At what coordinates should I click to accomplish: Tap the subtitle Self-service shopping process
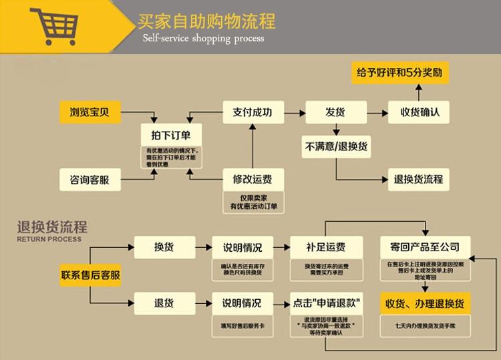(x=203, y=39)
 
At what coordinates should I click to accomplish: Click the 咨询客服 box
(x=89, y=179)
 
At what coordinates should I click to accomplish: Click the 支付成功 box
(x=252, y=112)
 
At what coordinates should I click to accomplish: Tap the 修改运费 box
(x=252, y=179)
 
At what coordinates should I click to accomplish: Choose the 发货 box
(x=335, y=112)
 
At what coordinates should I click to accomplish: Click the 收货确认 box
(x=420, y=112)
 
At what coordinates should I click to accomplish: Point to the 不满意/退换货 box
(x=335, y=146)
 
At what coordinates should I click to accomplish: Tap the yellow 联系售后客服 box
(x=91, y=275)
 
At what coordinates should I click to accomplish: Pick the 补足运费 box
(x=326, y=247)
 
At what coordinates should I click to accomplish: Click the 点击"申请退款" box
(x=326, y=303)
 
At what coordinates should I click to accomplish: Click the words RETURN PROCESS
(x=49, y=238)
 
